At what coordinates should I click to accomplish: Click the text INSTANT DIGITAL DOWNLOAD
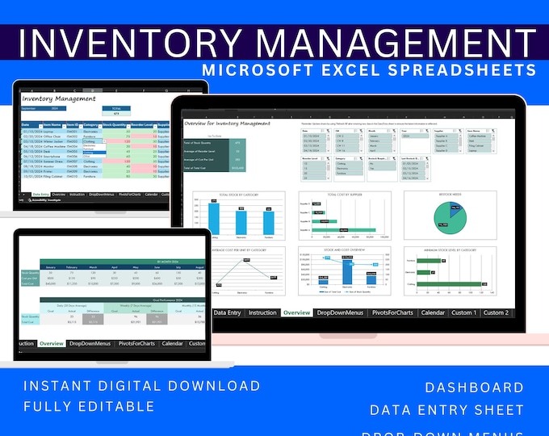pos(141,386)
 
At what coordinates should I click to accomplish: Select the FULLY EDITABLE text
pos(89,405)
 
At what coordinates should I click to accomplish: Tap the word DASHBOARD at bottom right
pos(474,388)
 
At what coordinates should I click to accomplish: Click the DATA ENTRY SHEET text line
pos(446,410)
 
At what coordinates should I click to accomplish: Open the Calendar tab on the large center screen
pos(433,312)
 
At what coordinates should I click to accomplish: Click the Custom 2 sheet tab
pos(496,312)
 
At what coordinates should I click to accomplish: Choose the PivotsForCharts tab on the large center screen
pos(389,312)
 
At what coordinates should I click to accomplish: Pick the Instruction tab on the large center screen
pos(263,312)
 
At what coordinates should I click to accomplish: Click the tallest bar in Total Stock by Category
pos(214,218)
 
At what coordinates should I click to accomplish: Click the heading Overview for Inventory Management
pos(228,124)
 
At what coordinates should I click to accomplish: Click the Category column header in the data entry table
pos(91,125)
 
